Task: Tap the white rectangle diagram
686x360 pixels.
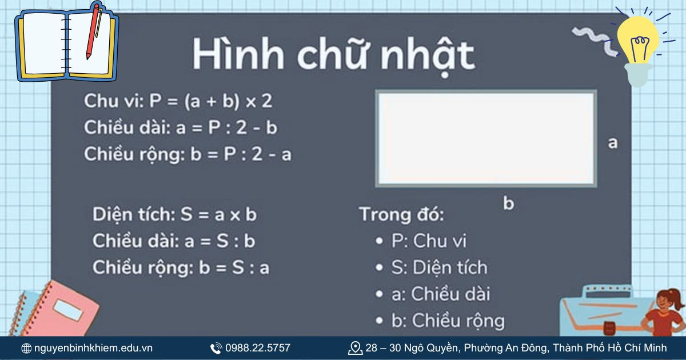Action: point(486,138)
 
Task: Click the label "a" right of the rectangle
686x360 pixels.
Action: point(613,143)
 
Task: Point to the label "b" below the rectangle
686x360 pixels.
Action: point(508,203)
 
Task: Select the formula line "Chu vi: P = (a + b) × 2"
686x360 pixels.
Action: point(178,102)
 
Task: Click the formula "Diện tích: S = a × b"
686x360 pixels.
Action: point(175,215)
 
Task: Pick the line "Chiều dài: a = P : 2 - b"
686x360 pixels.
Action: point(181,128)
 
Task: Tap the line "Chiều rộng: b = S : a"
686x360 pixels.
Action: point(181,267)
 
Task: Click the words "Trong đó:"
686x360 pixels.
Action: point(401,215)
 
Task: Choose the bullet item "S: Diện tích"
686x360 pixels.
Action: point(439,267)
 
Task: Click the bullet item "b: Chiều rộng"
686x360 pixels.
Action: point(448,321)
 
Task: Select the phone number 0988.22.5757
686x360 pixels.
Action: point(257,348)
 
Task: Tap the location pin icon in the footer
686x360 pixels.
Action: point(355,348)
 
